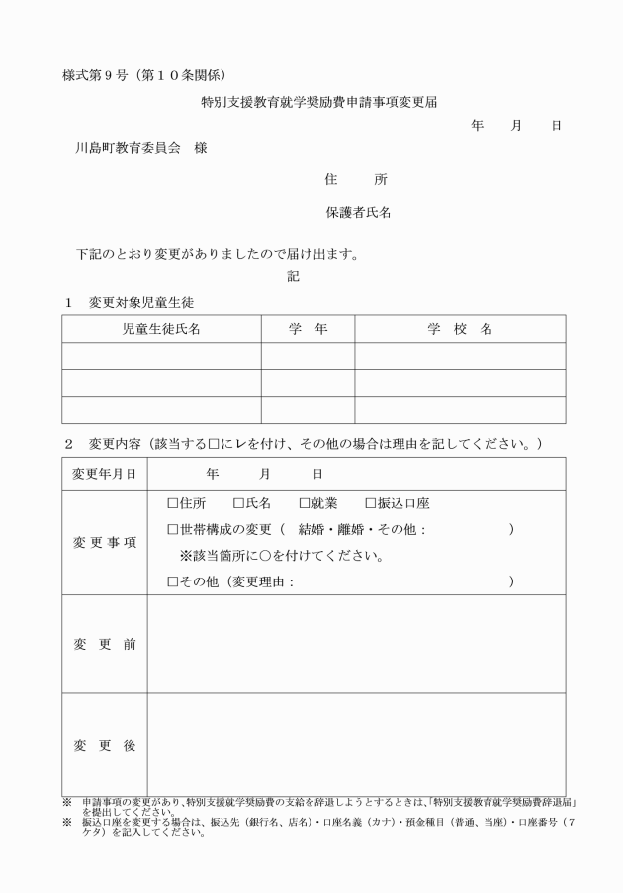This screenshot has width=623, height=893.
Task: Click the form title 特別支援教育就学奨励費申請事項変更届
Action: (x=318, y=101)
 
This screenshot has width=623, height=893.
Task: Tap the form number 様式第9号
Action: (x=98, y=75)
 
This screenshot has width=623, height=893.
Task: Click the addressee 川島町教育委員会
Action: (x=129, y=148)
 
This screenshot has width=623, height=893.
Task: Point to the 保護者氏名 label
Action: (x=358, y=212)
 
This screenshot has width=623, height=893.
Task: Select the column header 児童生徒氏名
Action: (x=161, y=329)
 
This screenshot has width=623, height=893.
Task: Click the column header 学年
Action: (x=308, y=329)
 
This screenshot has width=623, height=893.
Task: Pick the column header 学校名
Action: (x=460, y=329)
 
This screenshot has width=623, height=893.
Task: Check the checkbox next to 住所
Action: (x=172, y=504)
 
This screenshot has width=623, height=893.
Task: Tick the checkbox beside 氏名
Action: (x=237, y=504)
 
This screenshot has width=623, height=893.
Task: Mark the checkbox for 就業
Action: (x=305, y=504)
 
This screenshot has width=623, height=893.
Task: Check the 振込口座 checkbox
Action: (x=371, y=504)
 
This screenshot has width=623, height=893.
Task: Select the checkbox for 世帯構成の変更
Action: (x=172, y=530)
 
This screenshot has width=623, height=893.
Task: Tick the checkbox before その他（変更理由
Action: (x=172, y=582)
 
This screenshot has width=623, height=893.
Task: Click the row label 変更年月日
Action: (x=105, y=474)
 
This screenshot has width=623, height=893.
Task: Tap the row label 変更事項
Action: (x=105, y=543)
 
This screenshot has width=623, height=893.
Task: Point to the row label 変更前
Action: (x=105, y=645)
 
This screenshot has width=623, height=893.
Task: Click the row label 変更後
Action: (x=105, y=746)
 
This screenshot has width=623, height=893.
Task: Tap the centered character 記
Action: (x=293, y=277)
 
